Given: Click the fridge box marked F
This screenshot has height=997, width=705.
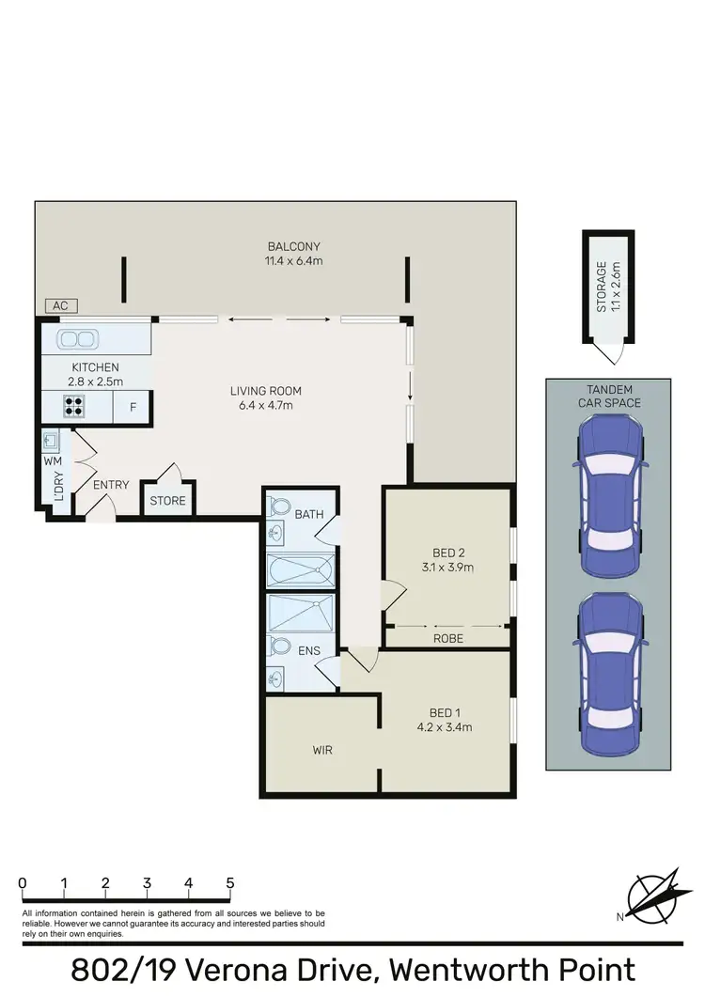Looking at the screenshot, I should tap(133, 408).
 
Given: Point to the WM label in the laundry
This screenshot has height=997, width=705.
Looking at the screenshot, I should tap(51, 462).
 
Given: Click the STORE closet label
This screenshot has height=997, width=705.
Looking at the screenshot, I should tap(168, 501).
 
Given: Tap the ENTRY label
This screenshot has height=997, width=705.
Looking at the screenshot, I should tap(111, 485).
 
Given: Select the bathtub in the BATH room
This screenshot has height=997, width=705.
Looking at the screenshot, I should tap(300, 570).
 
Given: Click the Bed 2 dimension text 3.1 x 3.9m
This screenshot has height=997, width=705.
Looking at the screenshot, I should tap(447, 568).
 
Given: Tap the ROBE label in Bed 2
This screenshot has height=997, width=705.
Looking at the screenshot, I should tap(447, 638).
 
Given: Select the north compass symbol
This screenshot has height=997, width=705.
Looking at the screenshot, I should tap(652, 896).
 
